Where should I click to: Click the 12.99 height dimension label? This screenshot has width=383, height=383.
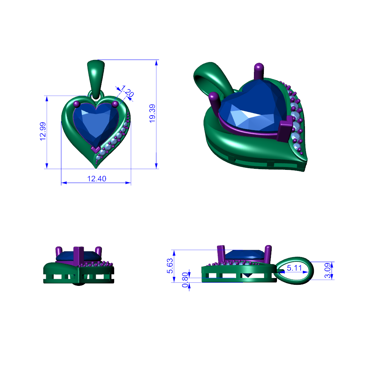pyautogui.click(x=43, y=132)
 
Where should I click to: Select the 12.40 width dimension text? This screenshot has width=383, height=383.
pyautogui.click(x=97, y=179)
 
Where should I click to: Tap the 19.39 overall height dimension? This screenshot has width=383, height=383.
pyautogui.click(x=152, y=113)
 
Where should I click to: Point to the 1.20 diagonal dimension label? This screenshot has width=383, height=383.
pyautogui.click(x=127, y=91)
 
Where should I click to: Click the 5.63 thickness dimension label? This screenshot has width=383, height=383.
pyautogui.click(x=170, y=266)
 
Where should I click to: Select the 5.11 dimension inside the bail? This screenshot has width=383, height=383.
pyautogui.click(x=294, y=268)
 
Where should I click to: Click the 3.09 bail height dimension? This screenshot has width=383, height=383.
pyautogui.click(x=328, y=270)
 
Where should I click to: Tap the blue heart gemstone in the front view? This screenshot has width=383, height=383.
pyautogui.click(x=96, y=123)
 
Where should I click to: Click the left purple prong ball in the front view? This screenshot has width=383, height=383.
pyautogui.click(x=77, y=104)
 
